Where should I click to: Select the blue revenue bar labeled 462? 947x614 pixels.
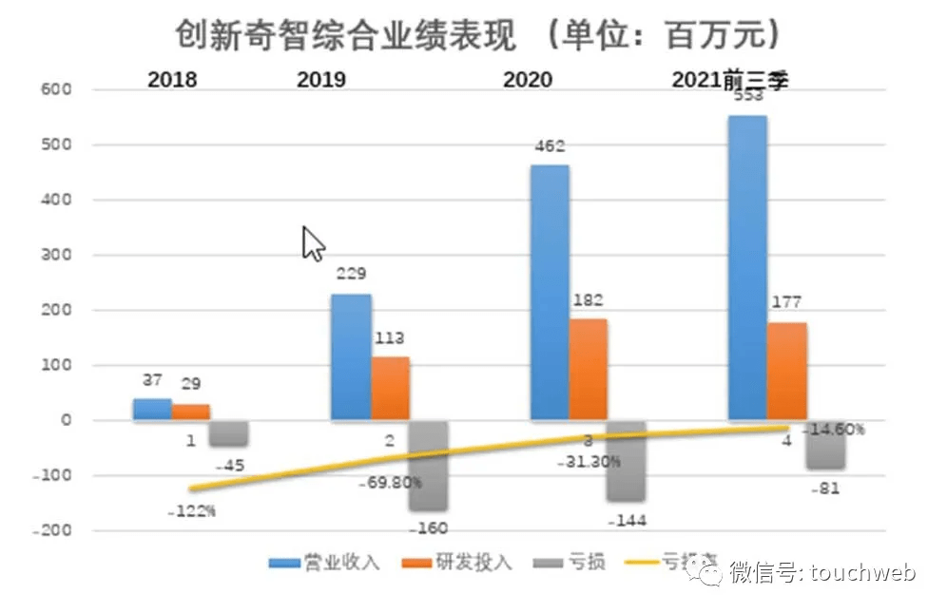[550, 292]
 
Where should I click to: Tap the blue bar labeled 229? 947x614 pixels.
[351, 356]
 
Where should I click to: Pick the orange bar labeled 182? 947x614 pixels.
[588, 369]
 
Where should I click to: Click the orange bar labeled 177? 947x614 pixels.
[786, 371]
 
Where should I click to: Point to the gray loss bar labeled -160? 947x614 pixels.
[428, 466]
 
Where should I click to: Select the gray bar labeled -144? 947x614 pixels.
[627, 461]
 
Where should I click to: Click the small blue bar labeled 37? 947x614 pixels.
[152, 409]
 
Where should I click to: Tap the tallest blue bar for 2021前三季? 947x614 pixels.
[747, 267]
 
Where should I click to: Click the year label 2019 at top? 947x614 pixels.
[321, 80]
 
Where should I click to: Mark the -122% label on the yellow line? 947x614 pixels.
[191, 511]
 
